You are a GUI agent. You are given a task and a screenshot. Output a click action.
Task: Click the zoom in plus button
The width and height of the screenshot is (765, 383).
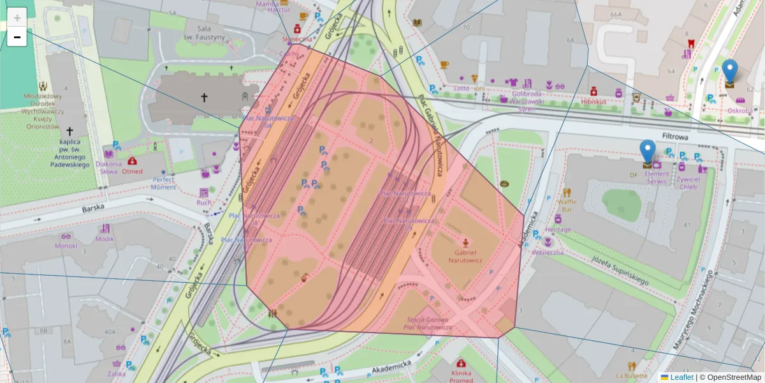point(17,17)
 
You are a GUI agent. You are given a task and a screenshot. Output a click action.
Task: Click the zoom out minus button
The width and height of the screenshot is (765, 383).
point(17,37)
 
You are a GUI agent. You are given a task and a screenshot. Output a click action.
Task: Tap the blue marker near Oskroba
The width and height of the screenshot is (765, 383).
point(730,73)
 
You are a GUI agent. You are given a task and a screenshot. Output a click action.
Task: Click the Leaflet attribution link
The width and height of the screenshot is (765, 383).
point(681,377)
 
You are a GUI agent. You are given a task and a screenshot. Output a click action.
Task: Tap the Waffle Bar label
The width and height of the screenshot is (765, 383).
point(567,205)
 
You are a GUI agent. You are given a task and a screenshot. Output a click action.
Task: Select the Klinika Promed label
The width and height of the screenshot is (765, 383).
point(461,376)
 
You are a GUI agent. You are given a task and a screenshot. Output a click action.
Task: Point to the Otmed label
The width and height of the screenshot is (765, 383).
point(132,171)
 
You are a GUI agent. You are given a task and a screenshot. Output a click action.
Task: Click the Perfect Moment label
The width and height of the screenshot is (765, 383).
point(164,183)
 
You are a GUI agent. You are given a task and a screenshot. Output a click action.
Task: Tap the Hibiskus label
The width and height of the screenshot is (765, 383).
point(594,101)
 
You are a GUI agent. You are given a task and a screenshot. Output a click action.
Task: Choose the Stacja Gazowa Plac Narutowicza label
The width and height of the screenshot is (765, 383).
point(427,324)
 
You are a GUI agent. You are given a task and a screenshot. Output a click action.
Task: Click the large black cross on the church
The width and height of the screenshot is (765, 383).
point(204,98)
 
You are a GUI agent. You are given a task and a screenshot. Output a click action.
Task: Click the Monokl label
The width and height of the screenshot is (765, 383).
point(66,246)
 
